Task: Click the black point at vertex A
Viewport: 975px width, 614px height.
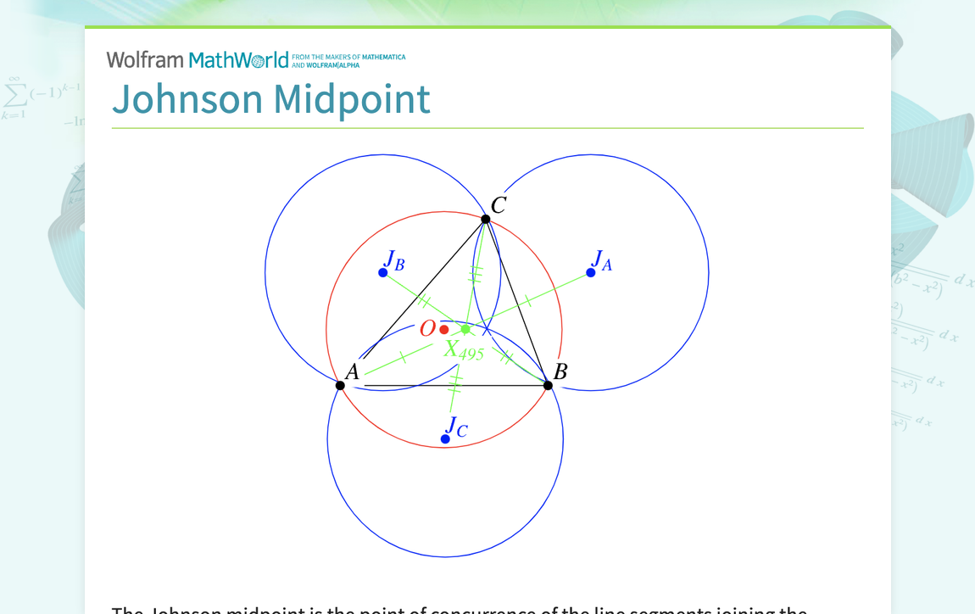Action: coord(340,386)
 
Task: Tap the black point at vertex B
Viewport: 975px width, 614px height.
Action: coord(549,386)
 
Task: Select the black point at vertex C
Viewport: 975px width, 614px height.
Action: coord(486,220)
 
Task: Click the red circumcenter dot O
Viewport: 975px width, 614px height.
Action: coord(444,329)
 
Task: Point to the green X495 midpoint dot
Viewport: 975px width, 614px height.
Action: coord(465,329)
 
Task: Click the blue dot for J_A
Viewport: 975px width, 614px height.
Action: coord(591,272)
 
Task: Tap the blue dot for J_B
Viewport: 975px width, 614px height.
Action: coord(383,272)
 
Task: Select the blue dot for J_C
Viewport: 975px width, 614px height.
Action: coord(445,438)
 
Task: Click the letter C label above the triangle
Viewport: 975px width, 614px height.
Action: coord(499,205)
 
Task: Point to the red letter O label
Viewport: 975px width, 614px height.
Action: coord(427,329)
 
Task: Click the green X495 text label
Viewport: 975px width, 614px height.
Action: coord(464,350)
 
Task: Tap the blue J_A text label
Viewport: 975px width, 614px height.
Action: coord(601,260)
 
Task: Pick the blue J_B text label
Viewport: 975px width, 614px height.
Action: coord(394,260)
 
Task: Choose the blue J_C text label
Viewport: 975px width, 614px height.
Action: coord(456,427)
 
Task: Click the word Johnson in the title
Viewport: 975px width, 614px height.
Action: coord(187,99)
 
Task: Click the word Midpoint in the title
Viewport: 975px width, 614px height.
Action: coord(351,99)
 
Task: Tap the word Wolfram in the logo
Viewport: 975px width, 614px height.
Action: coord(145,60)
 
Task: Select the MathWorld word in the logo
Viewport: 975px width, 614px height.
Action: coord(238,60)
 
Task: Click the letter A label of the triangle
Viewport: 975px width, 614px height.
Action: coord(352,371)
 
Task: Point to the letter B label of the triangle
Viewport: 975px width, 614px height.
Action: coord(560,371)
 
